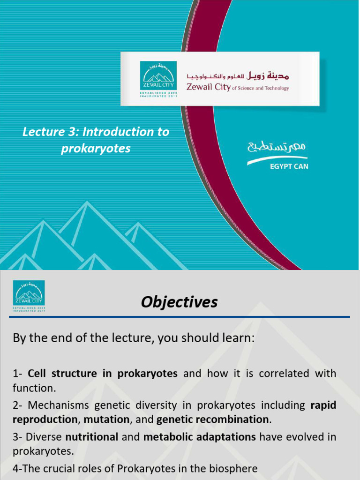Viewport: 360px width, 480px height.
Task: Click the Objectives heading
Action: tap(180, 302)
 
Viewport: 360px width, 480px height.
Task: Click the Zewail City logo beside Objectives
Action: tap(29, 295)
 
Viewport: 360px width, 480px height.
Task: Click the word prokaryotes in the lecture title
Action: tap(96, 149)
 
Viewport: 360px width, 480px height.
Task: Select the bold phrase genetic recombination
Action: tap(213, 419)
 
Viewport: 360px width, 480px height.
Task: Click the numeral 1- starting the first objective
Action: tap(18, 374)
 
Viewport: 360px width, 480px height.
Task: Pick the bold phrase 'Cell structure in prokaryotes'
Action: tap(103, 374)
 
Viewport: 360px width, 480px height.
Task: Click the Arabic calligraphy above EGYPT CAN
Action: tap(277, 148)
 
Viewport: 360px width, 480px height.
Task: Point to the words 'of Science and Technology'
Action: tap(261, 88)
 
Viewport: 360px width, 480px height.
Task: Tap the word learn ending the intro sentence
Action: tap(240, 338)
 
